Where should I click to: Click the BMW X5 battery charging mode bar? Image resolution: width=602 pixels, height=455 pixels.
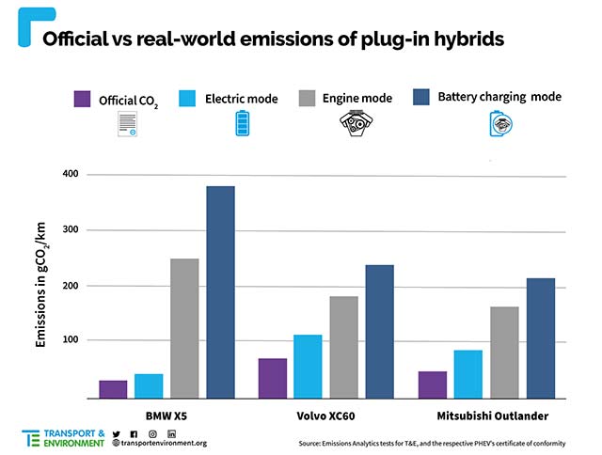pos(220,291)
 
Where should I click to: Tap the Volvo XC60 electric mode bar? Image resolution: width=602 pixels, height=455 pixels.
pos(307,366)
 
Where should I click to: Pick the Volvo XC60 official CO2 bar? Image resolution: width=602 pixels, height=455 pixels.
pos(272,378)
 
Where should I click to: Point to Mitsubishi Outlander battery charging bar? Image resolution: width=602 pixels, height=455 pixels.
pos(541,337)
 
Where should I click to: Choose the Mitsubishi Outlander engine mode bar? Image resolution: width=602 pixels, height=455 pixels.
pos(504,352)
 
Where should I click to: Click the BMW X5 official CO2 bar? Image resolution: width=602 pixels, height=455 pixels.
pos(113,388)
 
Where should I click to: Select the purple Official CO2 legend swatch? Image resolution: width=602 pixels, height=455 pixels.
pos(83,99)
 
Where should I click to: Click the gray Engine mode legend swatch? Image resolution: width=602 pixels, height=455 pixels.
pos(307,99)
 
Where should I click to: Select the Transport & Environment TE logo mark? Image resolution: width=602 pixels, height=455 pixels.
pos(31,437)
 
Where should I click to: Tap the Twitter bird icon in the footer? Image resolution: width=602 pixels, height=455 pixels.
pos(117,432)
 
